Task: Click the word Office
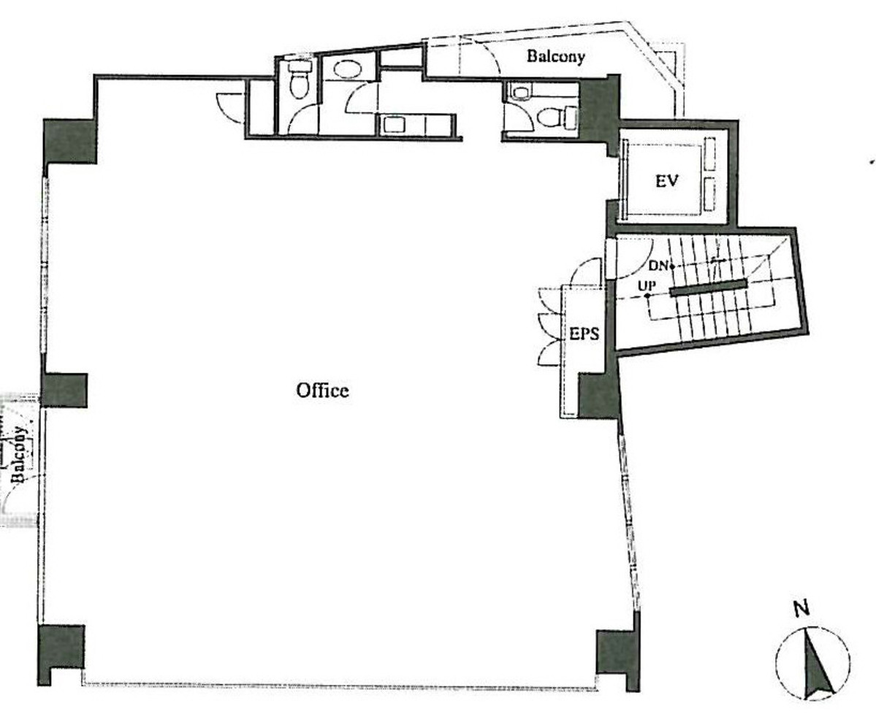[x=322, y=391]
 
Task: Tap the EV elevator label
[x=666, y=181]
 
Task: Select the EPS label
[x=584, y=334]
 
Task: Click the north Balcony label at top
[x=556, y=56]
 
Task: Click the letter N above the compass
[x=801, y=608]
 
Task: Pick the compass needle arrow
[x=818, y=667]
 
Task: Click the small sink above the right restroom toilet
[x=519, y=92]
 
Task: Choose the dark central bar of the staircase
[x=708, y=288]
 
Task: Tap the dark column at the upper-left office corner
[x=70, y=141]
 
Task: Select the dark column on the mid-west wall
[x=64, y=390]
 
